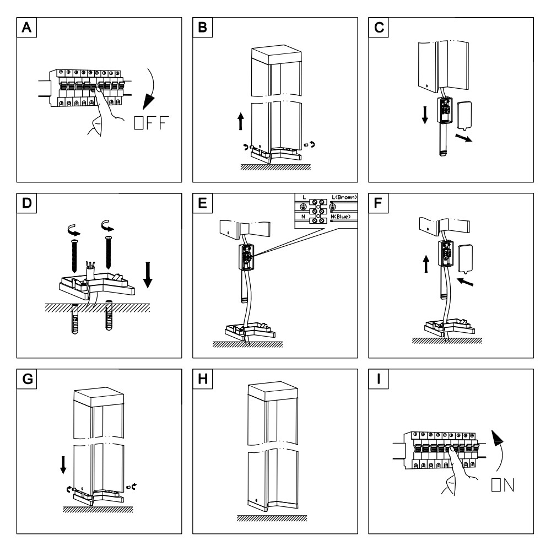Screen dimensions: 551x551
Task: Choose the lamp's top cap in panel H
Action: pos(272,390)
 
